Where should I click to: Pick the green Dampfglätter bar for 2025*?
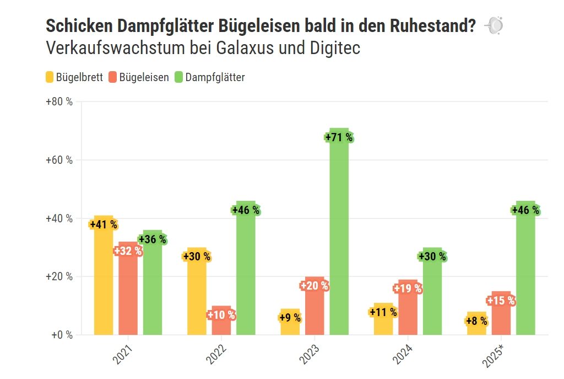click(x=525, y=276)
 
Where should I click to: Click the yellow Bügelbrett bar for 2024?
click(x=383, y=325)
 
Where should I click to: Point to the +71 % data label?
click(x=339, y=137)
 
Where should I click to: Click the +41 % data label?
click(x=104, y=225)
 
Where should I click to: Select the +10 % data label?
click(x=221, y=316)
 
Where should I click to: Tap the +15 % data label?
click(x=501, y=301)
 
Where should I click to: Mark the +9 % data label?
click(x=290, y=318)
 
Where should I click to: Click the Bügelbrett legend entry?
click(x=74, y=77)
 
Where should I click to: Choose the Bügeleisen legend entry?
click(x=138, y=77)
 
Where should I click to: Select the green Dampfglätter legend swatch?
click(x=178, y=77)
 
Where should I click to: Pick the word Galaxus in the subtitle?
click(x=243, y=48)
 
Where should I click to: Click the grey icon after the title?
click(x=493, y=25)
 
